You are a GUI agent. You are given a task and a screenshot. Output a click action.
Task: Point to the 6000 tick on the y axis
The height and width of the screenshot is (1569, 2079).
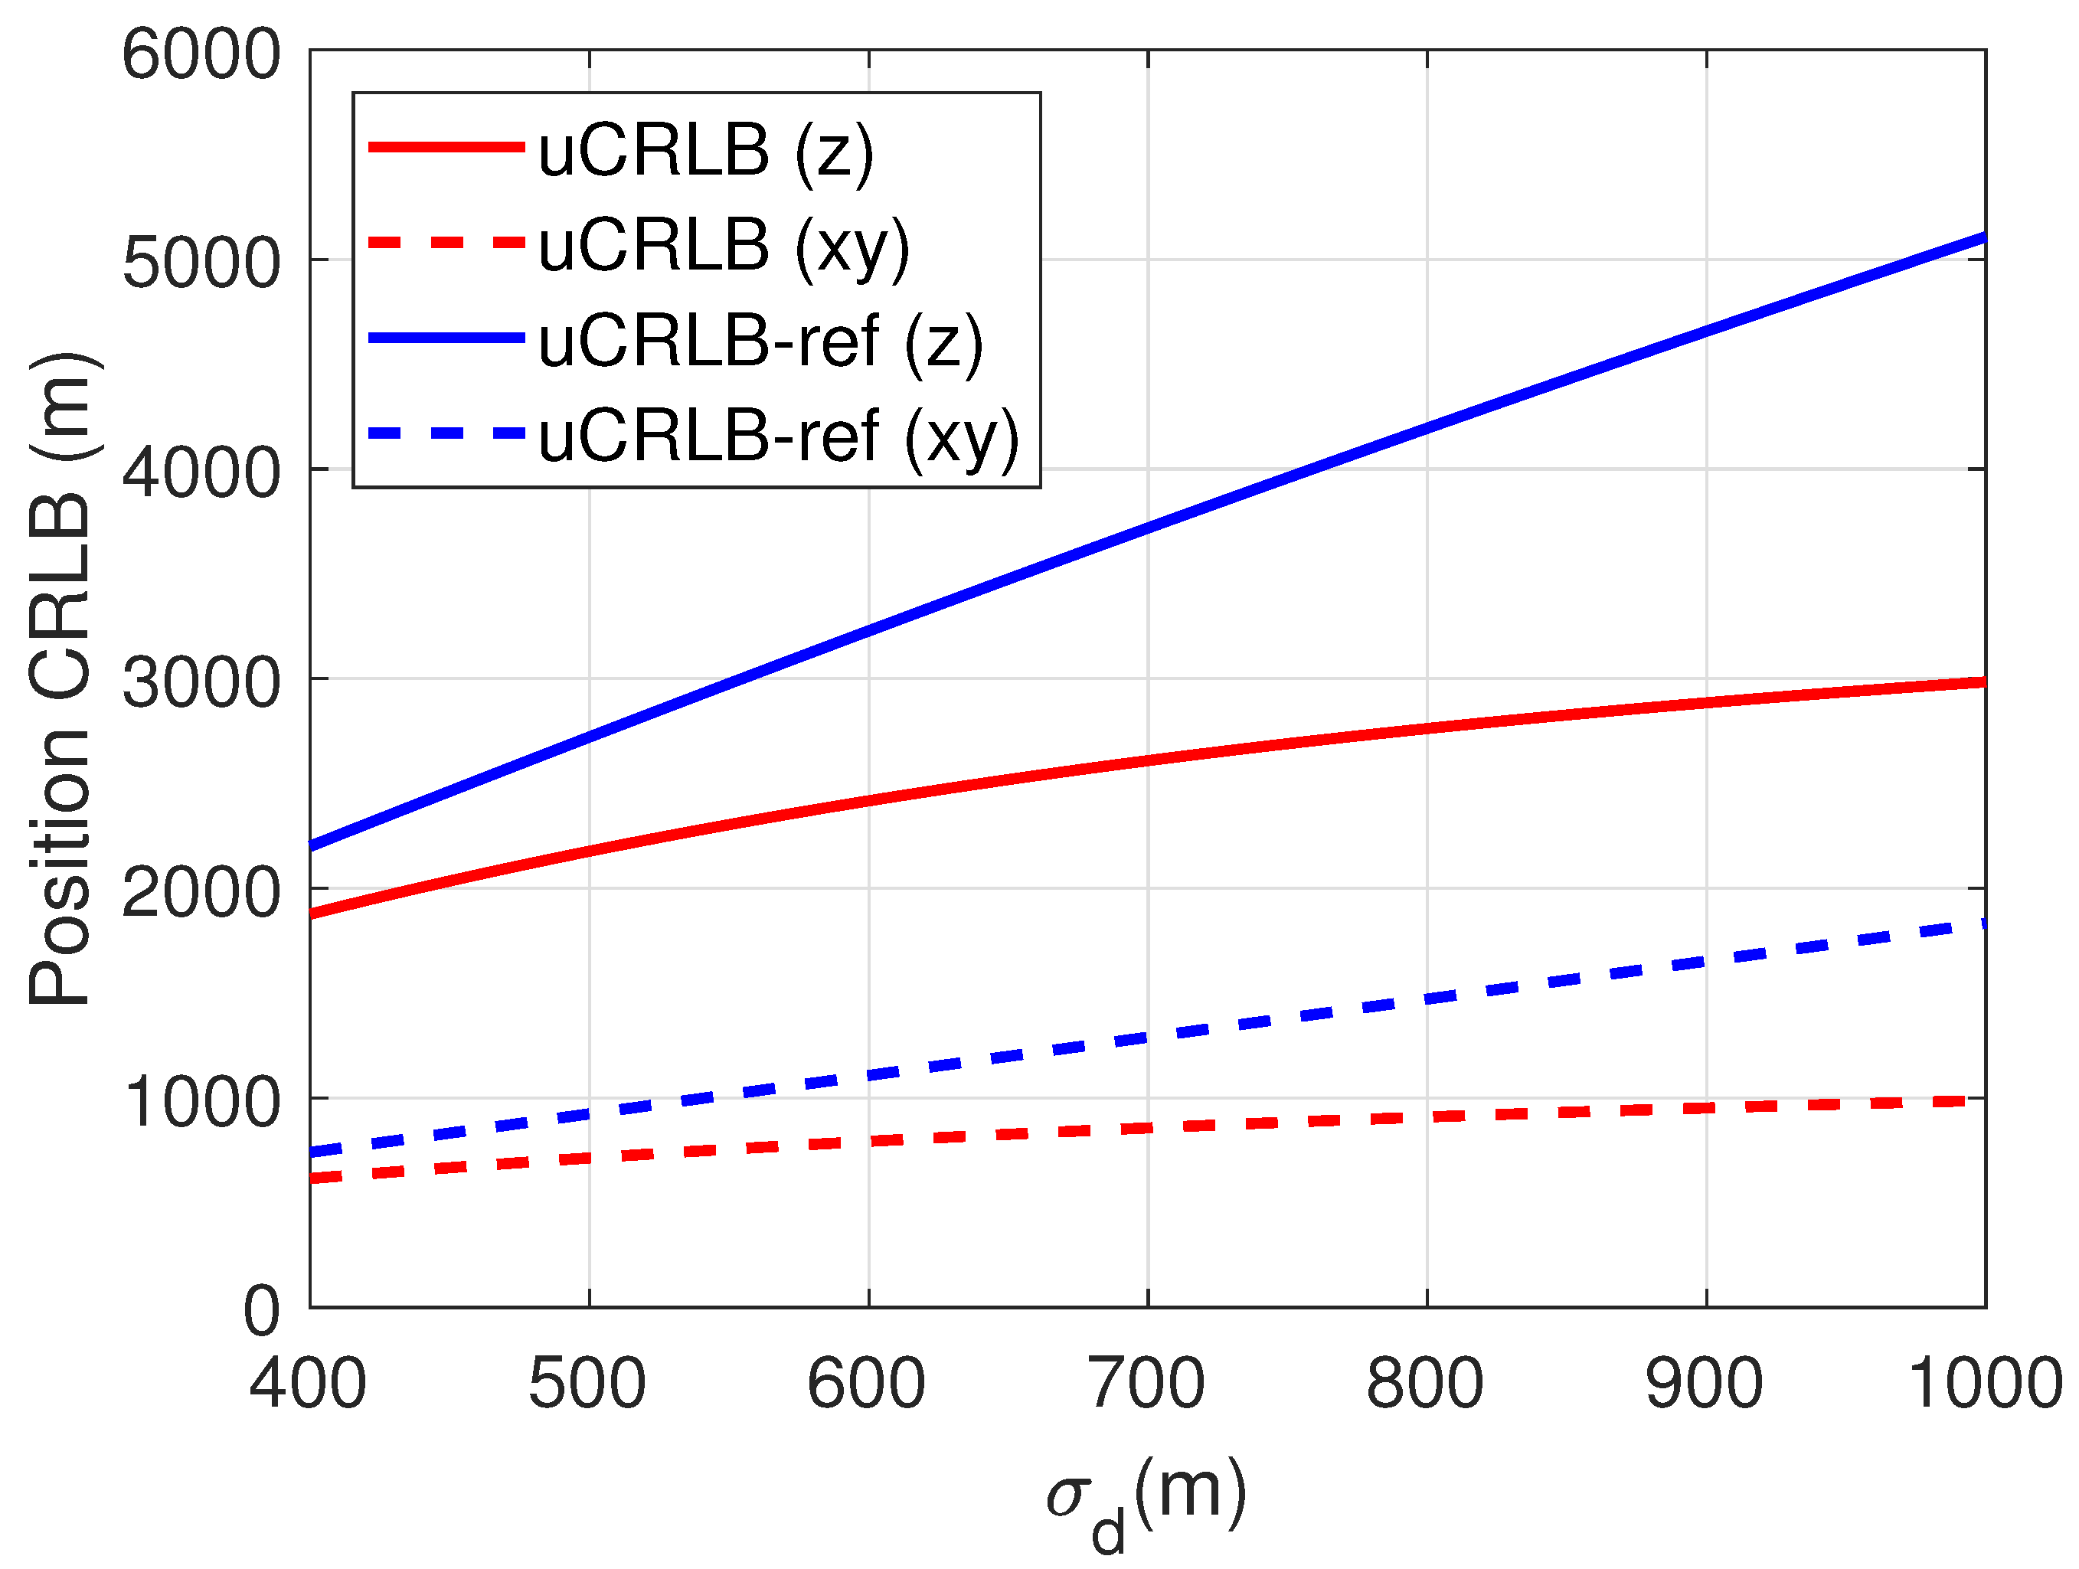pyautogui.click(x=200, y=54)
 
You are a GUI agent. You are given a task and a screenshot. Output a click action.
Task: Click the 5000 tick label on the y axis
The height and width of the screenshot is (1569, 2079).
pyautogui.click(x=200, y=263)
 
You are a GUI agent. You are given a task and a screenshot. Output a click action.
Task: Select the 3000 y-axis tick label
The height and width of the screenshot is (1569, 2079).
pyautogui.click(x=200, y=682)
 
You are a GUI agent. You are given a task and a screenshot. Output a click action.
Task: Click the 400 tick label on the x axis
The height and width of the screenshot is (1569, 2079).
pyautogui.click(x=309, y=1384)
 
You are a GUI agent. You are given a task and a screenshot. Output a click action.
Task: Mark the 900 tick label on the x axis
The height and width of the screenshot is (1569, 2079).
pyautogui.click(x=1705, y=1384)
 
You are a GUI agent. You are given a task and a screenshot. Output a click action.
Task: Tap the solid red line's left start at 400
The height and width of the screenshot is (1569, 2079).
pyautogui.click(x=312, y=913)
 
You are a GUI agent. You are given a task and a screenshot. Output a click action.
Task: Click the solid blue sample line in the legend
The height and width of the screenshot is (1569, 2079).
pyautogui.click(x=446, y=338)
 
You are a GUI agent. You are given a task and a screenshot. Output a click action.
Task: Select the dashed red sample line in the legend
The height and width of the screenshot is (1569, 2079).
pyautogui.click(x=446, y=243)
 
